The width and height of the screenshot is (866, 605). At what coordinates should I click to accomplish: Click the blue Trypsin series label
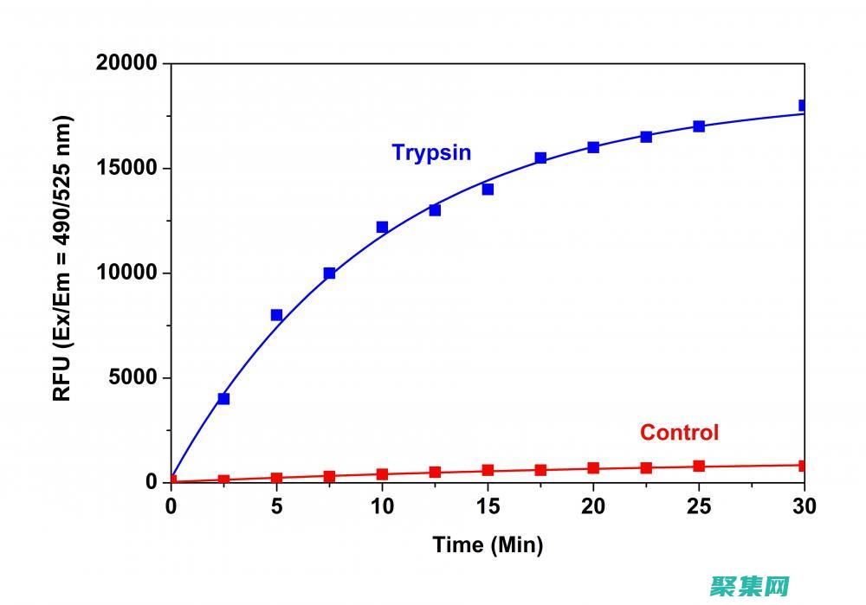click(431, 153)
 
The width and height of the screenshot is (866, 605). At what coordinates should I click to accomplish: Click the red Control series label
click(679, 432)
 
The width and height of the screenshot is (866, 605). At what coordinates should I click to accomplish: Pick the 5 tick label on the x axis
click(276, 505)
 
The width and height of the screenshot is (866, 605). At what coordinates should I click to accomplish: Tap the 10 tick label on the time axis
click(382, 505)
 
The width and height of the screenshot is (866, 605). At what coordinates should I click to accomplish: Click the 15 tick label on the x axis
click(488, 505)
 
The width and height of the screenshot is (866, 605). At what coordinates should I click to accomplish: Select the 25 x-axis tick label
click(699, 505)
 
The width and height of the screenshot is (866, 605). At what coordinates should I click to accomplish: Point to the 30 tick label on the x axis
click(804, 505)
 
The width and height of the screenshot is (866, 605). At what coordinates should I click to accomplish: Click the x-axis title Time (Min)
click(488, 544)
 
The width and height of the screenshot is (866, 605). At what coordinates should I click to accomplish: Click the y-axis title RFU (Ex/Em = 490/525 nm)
click(62, 258)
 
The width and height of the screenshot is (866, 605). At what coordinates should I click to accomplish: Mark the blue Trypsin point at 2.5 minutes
click(223, 399)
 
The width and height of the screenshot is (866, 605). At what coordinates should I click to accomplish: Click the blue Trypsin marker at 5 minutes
click(276, 315)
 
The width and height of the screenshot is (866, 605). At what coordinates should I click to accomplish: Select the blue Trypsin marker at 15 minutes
click(488, 190)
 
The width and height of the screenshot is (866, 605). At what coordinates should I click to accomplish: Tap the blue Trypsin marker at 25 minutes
click(699, 126)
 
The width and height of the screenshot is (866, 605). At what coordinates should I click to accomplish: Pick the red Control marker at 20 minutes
click(593, 468)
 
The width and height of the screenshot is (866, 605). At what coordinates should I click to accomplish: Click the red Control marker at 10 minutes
click(382, 474)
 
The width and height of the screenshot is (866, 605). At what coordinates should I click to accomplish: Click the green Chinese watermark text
click(750, 588)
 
